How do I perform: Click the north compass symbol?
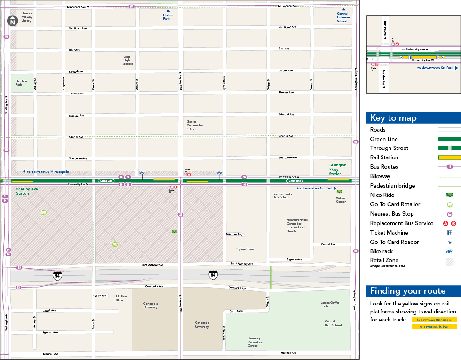[12, 21]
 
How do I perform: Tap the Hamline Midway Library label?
[27, 17]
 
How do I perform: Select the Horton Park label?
[168, 17]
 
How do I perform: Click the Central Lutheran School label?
[343, 17]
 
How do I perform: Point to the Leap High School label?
[127, 60]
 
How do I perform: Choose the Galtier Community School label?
[195, 125]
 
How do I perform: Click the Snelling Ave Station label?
[27, 191]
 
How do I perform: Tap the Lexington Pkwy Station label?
[337, 169]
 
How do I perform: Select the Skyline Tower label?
[245, 249]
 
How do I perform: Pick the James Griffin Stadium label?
[329, 304]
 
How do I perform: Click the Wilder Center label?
[341, 200]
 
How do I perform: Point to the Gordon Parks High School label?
[281, 196]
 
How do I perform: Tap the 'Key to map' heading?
[393, 118]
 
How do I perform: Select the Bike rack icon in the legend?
[450, 251]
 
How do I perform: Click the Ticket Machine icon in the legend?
[450, 233]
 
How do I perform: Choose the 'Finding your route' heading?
[407, 290]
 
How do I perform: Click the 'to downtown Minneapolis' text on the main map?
[47, 172]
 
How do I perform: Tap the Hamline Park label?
[22, 82]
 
